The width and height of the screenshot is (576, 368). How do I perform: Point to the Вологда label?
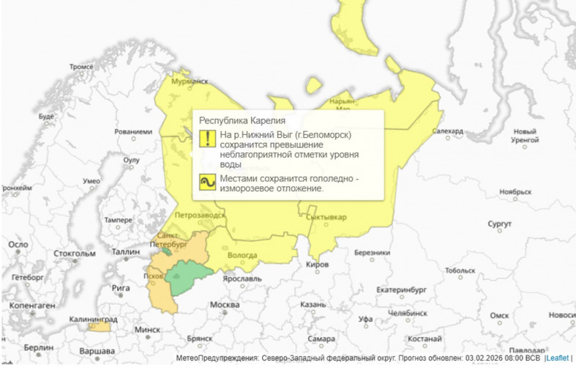pos(243,255)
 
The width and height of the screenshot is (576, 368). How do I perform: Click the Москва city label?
pos(225,304)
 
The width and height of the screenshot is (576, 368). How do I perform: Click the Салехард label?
pos(448,131)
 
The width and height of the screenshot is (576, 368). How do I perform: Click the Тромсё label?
pos(81,66)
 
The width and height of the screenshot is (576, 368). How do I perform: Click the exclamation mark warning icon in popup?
pos(206,138)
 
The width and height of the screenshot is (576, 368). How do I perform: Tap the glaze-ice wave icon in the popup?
pos(206,183)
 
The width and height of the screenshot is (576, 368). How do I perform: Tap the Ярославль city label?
pos(242,279)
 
